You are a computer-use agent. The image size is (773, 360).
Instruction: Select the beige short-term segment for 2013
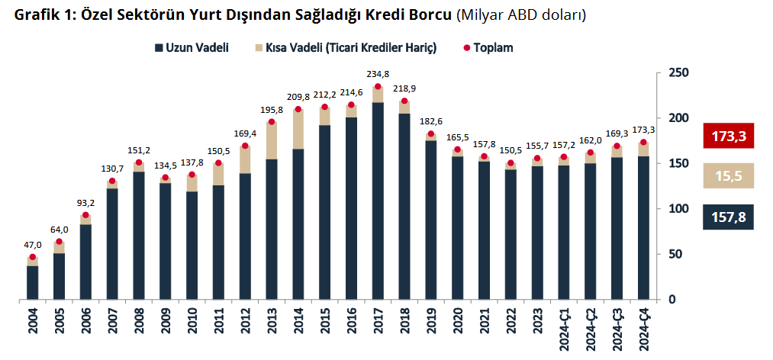[x=272, y=140]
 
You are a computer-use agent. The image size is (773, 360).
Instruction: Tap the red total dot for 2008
[x=139, y=162]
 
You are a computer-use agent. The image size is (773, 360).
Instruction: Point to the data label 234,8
[x=378, y=74]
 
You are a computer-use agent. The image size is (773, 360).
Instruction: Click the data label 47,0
[x=32, y=245]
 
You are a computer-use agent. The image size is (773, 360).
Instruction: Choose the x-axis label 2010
[x=192, y=319]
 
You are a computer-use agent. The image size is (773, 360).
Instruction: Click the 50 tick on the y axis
[x=675, y=254]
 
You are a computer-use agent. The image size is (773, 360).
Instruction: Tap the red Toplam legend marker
[x=467, y=48]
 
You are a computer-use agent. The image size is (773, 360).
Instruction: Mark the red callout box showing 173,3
[x=728, y=137]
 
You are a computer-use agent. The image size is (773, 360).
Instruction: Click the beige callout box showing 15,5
[x=728, y=176]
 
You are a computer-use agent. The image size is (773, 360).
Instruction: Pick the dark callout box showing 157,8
[x=728, y=218]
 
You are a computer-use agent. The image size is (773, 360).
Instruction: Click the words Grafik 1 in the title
[x=36, y=15]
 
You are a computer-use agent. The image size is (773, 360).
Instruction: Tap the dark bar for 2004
[x=33, y=282]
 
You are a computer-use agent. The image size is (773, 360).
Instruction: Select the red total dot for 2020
[x=458, y=149]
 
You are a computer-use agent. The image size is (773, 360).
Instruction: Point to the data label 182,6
[x=431, y=121]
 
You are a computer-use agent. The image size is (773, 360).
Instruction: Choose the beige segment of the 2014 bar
[x=298, y=129]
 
